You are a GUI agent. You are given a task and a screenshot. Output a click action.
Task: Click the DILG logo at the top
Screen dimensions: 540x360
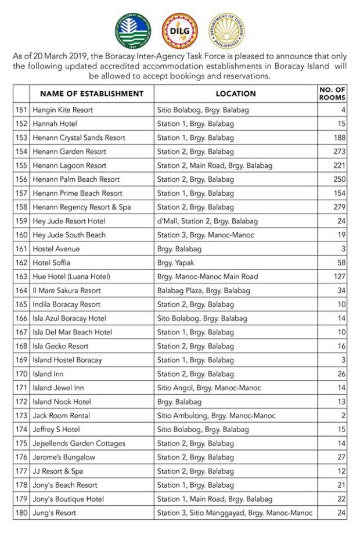pyautogui.click(x=179, y=30)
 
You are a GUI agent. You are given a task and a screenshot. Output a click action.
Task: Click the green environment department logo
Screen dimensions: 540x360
pyautogui.click(x=132, y=30)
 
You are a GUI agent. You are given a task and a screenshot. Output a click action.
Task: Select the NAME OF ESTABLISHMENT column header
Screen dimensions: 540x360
pyautogui.click(x=92, y=93)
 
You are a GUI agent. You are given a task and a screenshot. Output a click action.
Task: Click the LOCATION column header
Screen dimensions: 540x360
pyautogui.click(x=236, y=93)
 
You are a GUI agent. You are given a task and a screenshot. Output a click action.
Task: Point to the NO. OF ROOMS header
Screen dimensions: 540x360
pyautogui.click(x=332, y=93)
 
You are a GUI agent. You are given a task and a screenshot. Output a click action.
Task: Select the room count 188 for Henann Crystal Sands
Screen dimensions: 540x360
pyautogui.click(x=340, y=138)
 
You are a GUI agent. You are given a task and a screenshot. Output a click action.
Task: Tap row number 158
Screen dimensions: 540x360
pyautogui.click(x=21, y=207)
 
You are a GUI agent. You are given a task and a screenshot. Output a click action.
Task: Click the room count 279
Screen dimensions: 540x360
pyautogui.click(x=340, y=207)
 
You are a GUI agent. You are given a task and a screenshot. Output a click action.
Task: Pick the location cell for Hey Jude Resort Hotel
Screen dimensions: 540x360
pyautogui.click(x=207, y=221)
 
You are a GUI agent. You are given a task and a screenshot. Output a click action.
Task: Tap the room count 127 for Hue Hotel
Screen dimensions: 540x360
pyautogui.click(x=340, y=277)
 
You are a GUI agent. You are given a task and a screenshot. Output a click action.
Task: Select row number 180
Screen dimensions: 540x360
pyautogui.click(x=21, y=513)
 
